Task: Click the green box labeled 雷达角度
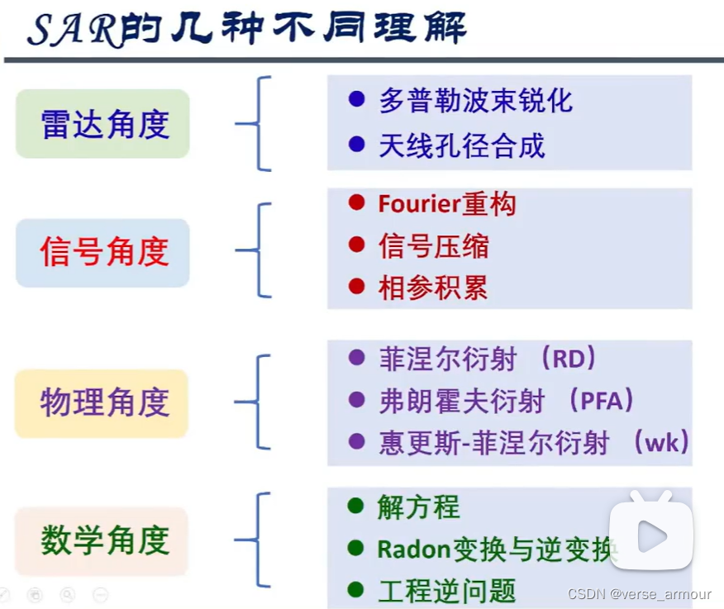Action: coord(103,124)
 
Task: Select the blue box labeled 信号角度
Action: coord(103,252)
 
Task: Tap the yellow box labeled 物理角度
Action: coord(103,402)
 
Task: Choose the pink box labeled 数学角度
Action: coord(103,540)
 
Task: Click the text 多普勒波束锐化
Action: coord(475,101)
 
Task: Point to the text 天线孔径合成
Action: coord(462,146)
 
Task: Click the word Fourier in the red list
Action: coord(411,204)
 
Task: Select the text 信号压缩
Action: coord(434,245)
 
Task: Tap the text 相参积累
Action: coord(434,288)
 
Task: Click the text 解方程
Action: coord(419,507)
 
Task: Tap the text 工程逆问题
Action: coord(447,591)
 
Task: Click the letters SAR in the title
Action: coord(74,31)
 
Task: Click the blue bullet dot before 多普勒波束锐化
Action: coord(356,100)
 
